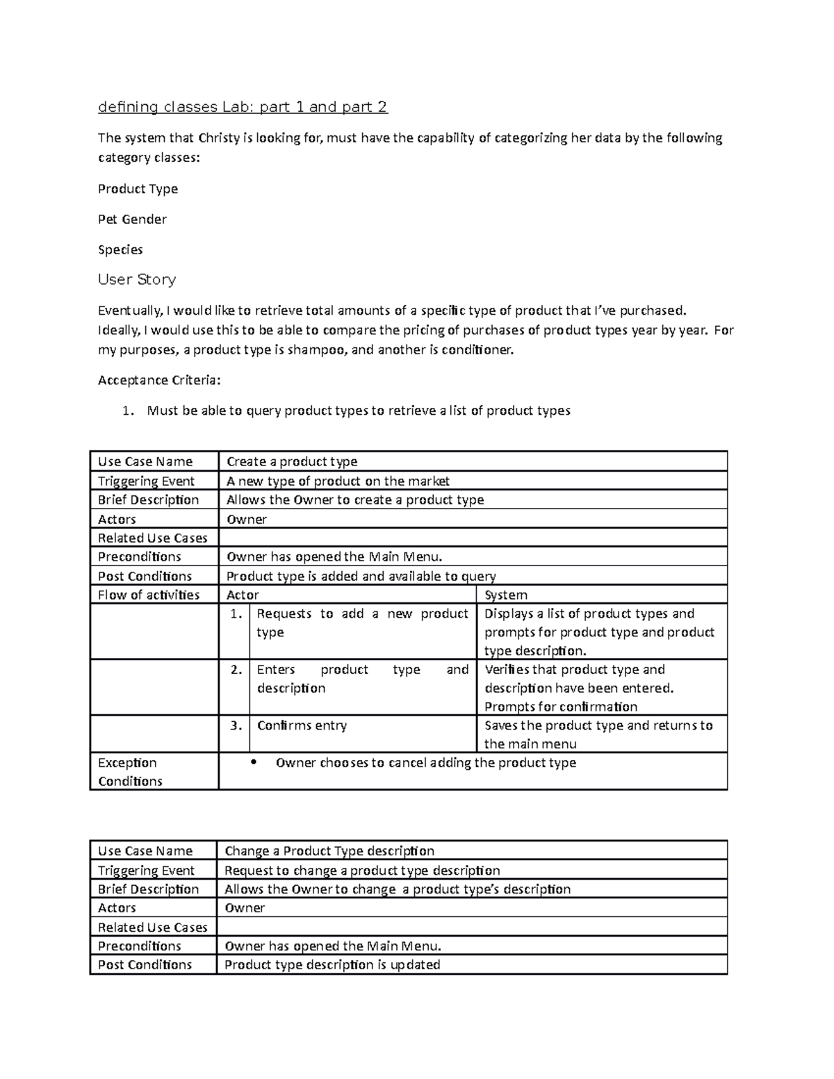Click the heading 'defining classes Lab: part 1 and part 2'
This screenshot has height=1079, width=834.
coord(243,107)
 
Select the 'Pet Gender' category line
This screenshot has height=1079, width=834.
coord(132,220)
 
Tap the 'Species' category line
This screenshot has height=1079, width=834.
coord(120,249)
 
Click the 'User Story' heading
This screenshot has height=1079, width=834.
coord(137,279)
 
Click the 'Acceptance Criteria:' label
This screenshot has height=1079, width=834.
coord(159,380)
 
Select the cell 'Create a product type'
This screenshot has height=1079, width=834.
coord(292,462)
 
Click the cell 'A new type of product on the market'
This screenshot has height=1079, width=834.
coord(338,481)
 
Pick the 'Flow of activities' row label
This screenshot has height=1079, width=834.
coord(149,595)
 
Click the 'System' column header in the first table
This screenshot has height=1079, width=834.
coord(505,595)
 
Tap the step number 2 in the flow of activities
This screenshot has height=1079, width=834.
coord(236,670)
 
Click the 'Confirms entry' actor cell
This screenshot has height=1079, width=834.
coord(302,725)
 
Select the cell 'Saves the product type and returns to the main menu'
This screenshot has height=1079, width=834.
coord(598,734)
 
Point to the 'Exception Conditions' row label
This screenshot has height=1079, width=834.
coord(130,772)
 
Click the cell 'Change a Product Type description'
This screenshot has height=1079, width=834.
coord(329,851)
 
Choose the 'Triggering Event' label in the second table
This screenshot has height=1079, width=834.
coord(146,871)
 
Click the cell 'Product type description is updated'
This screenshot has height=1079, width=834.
coord(332,965)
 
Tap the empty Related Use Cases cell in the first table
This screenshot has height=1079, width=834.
coord(473,538)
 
